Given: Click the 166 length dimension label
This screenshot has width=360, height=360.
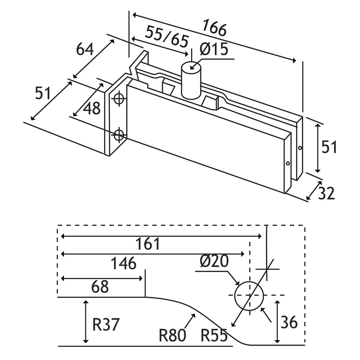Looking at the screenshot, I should click(x=214, y=28).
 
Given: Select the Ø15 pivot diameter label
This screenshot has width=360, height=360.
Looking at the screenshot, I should click(x=214, y=49).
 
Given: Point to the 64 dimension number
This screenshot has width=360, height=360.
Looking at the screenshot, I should click(x=85, y=49).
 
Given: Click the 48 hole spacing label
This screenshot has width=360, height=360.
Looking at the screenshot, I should click(x=91, y=108).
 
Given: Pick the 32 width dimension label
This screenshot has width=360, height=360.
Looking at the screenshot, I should click(x=326, y=193).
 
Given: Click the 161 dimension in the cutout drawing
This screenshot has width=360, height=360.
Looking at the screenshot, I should click(x=148, y=244).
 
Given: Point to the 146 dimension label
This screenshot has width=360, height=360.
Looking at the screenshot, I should click(x=124, y=263).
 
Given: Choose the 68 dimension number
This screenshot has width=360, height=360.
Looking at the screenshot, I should click(x=100, y=287).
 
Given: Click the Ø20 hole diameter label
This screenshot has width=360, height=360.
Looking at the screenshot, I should click(x=214, y=262).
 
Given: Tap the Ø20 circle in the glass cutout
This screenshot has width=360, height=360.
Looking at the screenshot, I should click(x=249, y=295).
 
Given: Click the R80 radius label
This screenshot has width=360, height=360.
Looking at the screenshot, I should click(x=172, y=335).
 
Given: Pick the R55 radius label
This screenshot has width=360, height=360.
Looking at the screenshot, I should click(x=214, y=335).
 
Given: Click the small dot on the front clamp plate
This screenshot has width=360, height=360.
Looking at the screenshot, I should click(x=288, y=163).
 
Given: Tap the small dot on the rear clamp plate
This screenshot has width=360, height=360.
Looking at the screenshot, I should click(x=300, y=148).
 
